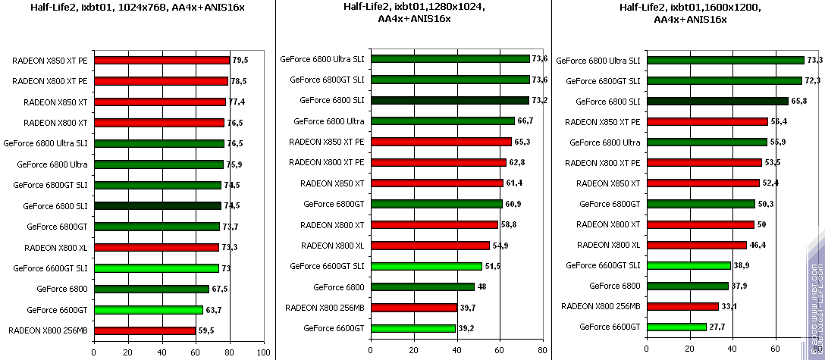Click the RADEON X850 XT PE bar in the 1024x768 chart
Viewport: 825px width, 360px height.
pyautogui.click(x=161, y=61)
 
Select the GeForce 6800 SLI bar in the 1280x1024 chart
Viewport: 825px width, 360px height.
pyautogui.click(x=449, y=100)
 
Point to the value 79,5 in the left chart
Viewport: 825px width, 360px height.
pyautogui.click(x=240, y=61)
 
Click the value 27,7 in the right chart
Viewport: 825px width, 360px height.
pyautogui.click(x=717, y=327)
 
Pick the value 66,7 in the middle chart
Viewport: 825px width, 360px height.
pyautogui.click(x=525, y=121)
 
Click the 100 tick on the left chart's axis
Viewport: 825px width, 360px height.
pyautogui.click(x=263, y=352)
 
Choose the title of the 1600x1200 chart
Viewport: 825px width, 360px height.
pyautogui.click(x=689, y=13)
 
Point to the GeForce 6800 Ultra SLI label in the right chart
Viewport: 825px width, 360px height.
pyautogui.click(x=598, y=60)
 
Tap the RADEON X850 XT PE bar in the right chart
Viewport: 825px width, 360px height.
pyautogui.click(x=707, y=121)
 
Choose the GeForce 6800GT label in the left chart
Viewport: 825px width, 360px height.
pyautogui.click(x=58, y=226)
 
